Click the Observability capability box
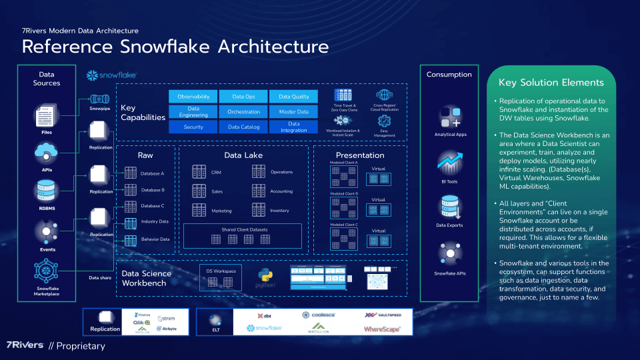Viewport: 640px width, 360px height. coord(193,97)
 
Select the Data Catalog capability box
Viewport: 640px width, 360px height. coord(243,127)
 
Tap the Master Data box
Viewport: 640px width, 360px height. coord(293,112)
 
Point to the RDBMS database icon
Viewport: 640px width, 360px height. coord(46,193)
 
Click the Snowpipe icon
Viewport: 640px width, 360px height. coord(100,98)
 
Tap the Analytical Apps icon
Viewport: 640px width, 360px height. coord(450,119)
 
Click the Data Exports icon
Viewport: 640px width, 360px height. coord(449,207)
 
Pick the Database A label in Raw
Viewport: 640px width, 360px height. coord(153,173)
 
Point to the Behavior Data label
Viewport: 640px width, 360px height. coord(155,239)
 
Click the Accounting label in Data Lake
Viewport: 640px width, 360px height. coord(281,191)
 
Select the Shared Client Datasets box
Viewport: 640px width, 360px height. coord(243,235)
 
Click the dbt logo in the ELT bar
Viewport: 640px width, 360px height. coord(264,316)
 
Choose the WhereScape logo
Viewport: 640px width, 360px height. coord(381,329)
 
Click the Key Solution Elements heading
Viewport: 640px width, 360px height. coord(551,83)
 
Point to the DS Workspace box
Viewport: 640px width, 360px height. coord(221,278)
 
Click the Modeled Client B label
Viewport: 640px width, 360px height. coord(345,193)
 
